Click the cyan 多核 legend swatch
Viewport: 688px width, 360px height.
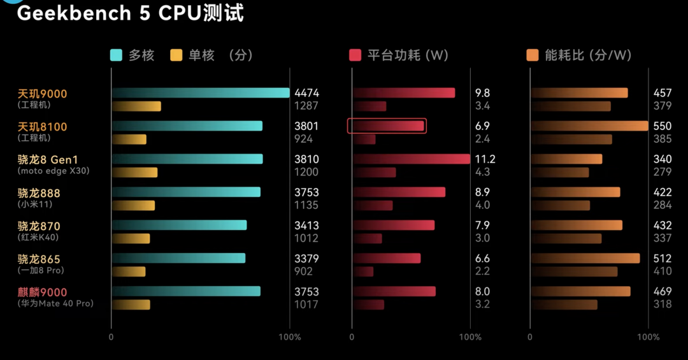coord(116,55)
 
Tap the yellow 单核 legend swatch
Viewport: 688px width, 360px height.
coord(176,55)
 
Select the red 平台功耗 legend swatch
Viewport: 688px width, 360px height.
coord(355,55)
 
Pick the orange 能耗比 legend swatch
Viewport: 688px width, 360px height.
coord(533,55)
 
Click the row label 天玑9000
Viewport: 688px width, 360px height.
coord(42,94)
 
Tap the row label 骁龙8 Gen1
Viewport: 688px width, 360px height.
coord(47,159)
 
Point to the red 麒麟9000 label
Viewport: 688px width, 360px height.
coord(42,292)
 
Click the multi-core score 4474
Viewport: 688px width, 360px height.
coord(306,93)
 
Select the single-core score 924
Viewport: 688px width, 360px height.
coord(303,138)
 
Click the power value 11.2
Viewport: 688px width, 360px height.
coord(485,159)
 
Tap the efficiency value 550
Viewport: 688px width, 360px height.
coord(663,126)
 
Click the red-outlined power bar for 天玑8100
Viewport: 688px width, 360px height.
coord(387,126)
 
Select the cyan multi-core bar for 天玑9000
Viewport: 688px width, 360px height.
coord(201,93)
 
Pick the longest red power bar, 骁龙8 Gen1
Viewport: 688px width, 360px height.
coord(412,159)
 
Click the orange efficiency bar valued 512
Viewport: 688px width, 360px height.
coord(585,258)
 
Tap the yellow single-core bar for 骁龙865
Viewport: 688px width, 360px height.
coord(129,271)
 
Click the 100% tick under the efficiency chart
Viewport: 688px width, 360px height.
coord(649,337)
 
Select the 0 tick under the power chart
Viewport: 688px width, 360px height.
coord(352,337)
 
